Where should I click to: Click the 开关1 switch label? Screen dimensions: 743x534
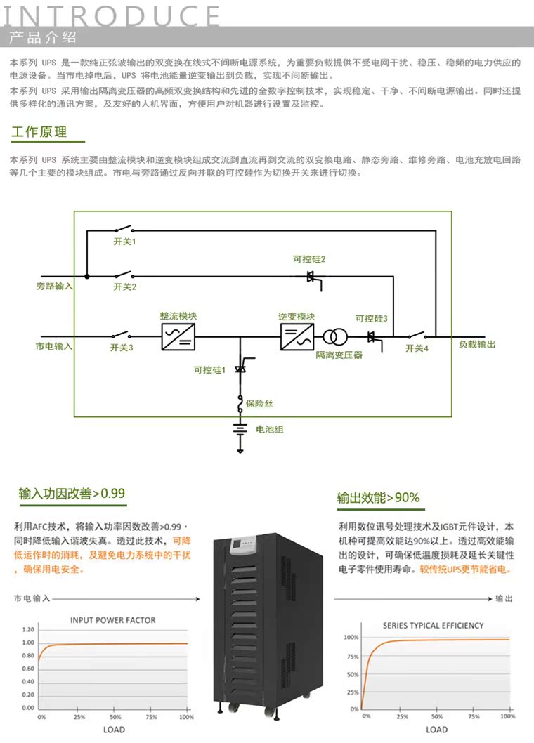124,242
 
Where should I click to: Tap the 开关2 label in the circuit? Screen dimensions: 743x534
124,287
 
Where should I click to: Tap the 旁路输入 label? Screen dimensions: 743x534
54,287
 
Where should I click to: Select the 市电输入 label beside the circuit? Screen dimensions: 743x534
54,346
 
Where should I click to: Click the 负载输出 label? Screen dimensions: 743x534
477,345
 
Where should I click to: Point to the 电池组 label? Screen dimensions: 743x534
269,429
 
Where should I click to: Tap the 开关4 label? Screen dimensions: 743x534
417,348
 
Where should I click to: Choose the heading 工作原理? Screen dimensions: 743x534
39,132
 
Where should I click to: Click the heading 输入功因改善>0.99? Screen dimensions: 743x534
72,494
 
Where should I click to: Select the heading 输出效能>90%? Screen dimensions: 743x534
378,498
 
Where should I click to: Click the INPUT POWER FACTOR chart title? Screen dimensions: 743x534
112,620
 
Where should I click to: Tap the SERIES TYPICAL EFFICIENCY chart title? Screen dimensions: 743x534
433,625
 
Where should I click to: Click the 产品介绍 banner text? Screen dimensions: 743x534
43,37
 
